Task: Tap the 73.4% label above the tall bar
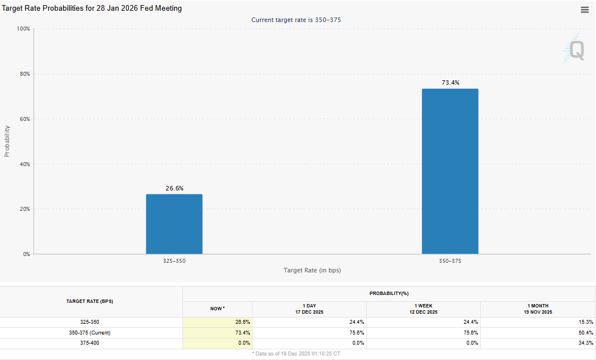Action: click(450, 83)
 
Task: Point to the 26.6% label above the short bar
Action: click(175, 188)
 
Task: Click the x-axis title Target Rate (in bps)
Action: click(312, 271)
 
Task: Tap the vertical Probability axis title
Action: click(7, 141)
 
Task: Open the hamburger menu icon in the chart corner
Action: click(585, 10)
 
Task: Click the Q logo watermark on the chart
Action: click(575, 49)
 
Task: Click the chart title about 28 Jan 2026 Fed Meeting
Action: click(92, 9)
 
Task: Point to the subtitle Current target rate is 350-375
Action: click(296, 20)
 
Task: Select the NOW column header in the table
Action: click(217, 309)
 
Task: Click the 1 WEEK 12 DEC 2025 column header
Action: click(423, 309)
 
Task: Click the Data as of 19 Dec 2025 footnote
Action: click(297, 353)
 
